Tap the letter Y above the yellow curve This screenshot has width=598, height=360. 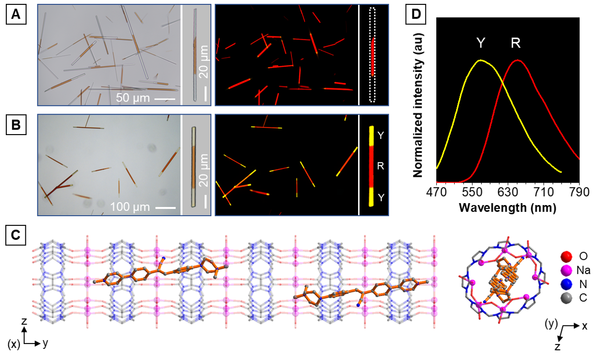coord(481,44)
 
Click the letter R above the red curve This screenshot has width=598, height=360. coord(516,44)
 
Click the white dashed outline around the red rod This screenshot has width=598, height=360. coord(373,12)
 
